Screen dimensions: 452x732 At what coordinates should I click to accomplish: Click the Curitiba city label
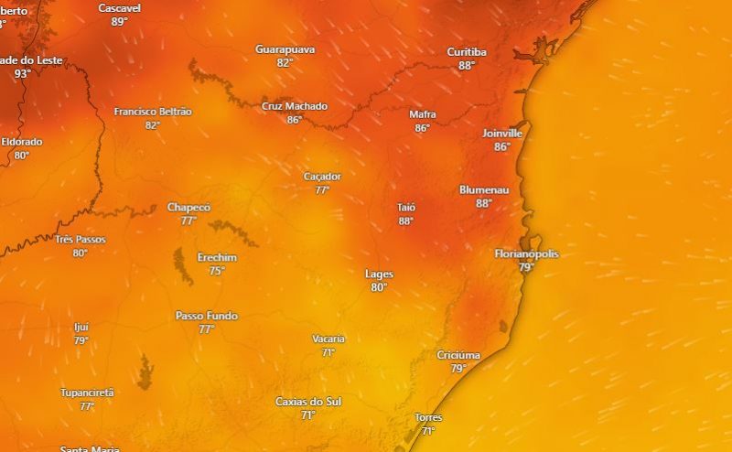[467, 52]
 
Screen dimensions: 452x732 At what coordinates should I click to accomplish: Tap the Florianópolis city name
[526, 253]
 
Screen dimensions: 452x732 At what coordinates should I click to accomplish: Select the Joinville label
[502, 133]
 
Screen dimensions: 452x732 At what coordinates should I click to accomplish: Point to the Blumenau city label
[484, 189]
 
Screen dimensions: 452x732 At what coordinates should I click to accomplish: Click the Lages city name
[379, 274]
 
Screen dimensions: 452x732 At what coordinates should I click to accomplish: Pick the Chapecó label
[188, 208]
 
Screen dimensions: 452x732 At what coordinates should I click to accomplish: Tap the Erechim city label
[217, 257]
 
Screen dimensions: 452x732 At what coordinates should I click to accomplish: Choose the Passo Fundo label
[207, 316]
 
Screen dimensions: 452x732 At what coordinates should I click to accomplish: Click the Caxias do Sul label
[308, 402]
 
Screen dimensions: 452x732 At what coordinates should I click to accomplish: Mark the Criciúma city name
[458, 355]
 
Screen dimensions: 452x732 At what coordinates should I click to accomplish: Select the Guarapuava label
[285, 48]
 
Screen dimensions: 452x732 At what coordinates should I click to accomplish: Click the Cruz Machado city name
[295, 106]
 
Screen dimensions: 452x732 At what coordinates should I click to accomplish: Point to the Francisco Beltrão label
[153, 112]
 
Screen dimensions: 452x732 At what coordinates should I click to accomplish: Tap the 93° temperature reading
[22, 73]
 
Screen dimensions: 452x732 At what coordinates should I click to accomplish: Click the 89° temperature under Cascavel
[119, 21]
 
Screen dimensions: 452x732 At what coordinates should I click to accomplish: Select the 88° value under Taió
[406, 221]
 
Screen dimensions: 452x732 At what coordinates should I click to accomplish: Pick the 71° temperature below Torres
[427, 431]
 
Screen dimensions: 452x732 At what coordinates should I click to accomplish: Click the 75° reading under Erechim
[217, 270]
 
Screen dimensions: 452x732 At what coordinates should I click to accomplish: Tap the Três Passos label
[81, 240]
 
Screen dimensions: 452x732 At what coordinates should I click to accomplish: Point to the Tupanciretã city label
[87, 393]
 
